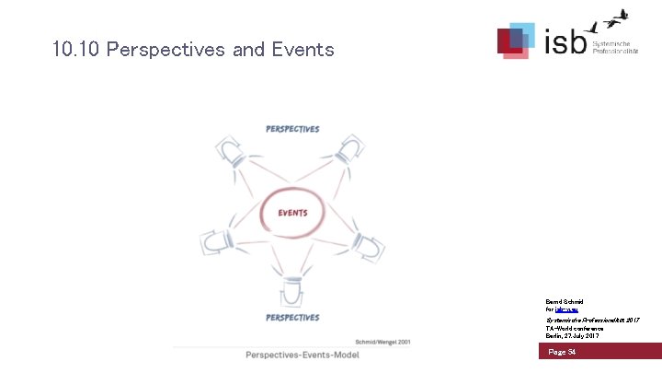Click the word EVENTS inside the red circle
(x=292, y=213)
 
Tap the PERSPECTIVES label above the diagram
(x=292, y=129)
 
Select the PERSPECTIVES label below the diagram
(x=292, y=318)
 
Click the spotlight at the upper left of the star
(x=228, y=149)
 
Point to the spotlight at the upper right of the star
(x=351, y=148)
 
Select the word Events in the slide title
(x=302, y=50)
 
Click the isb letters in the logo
(x=562, y=41)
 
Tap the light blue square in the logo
(x=522, y=34)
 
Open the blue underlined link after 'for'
(x=569, y=309)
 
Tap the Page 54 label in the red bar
(x=563, y=352)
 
